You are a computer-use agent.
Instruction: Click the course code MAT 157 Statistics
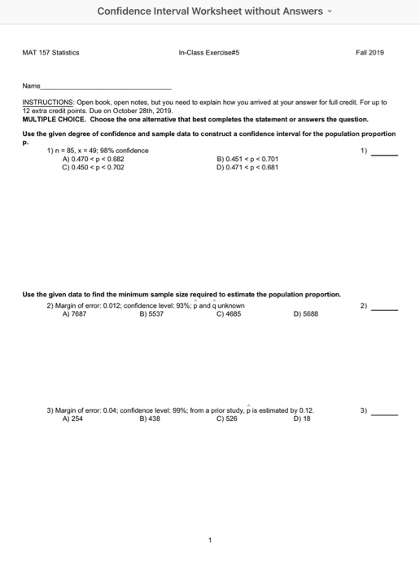(50, 52)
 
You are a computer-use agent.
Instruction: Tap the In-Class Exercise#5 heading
(208, 52)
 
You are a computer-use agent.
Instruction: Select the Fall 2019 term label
(370, 52)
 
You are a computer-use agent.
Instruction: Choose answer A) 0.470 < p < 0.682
(94, 159)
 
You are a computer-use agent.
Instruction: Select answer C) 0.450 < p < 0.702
(94, 166)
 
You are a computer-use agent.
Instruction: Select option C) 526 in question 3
(227, 419)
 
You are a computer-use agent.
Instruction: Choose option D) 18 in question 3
(300, 419)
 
